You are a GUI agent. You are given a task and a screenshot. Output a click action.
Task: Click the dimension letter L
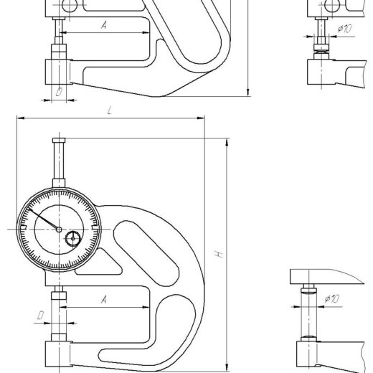click(110, 110)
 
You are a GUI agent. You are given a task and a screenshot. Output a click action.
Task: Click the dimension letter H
click(219, 254)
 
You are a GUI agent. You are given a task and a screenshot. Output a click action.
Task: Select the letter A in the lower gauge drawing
click(104, 299)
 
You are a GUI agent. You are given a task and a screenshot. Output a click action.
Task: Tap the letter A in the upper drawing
click(104, 24)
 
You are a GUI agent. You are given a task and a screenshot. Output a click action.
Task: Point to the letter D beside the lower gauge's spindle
click(40, 316)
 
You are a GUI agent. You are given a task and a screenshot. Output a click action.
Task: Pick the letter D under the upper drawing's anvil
click(59, 92)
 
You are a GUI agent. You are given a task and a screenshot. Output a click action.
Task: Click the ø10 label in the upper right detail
click(344, 29)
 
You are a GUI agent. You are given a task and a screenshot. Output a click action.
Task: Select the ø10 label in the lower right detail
click(332, 298)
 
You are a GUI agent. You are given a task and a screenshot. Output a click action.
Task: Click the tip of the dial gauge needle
click(29, 209)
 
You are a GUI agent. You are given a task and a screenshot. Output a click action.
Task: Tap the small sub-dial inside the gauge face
click(73, 238)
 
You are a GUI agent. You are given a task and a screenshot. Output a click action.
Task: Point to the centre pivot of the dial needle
click(59, 230)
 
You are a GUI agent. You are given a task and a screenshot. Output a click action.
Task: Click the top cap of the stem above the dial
click(59, 140)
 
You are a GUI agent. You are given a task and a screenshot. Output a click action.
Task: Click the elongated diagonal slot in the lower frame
click(146, 253)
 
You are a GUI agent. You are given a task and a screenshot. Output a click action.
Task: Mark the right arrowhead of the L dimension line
click(201, 118)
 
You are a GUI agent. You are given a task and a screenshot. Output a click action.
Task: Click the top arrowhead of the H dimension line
click(227, 142)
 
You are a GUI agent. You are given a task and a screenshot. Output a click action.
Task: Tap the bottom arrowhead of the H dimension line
click(227, 367)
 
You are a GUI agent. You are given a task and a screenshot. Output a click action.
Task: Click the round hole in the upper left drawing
click(70, 5)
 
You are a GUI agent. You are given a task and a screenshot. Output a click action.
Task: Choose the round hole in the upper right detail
click(333, 5)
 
